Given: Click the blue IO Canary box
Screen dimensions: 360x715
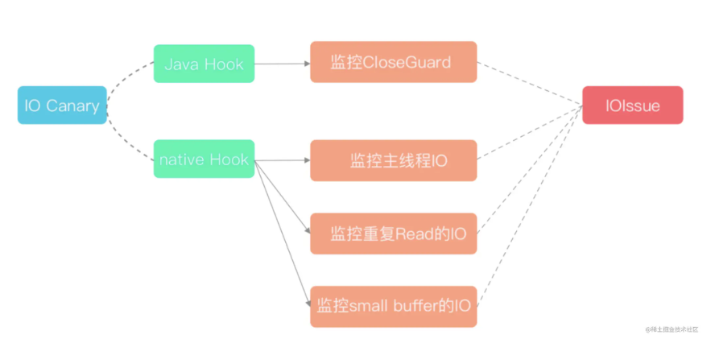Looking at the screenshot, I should tap(62, 106).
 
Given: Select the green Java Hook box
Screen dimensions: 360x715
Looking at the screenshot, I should tap(204, 64).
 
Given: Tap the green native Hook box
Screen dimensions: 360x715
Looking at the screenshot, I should tap(204, 159).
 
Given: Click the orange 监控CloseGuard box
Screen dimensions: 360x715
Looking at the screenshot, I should tap(393, 62).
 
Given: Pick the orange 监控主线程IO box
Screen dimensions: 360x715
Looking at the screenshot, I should tap(393, 160).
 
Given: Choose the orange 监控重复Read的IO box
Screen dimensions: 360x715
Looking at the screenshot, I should tap(393, 234).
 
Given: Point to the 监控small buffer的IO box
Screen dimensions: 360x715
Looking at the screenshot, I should tap(393, 306).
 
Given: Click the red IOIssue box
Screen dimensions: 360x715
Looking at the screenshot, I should tap(633, 106).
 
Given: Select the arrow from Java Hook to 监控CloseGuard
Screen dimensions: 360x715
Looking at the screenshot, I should tap(282, 63).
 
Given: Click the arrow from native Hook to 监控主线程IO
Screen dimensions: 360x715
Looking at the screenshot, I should tap(282, 160).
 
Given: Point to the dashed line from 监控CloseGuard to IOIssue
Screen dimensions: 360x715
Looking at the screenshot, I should tap(531, 85).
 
